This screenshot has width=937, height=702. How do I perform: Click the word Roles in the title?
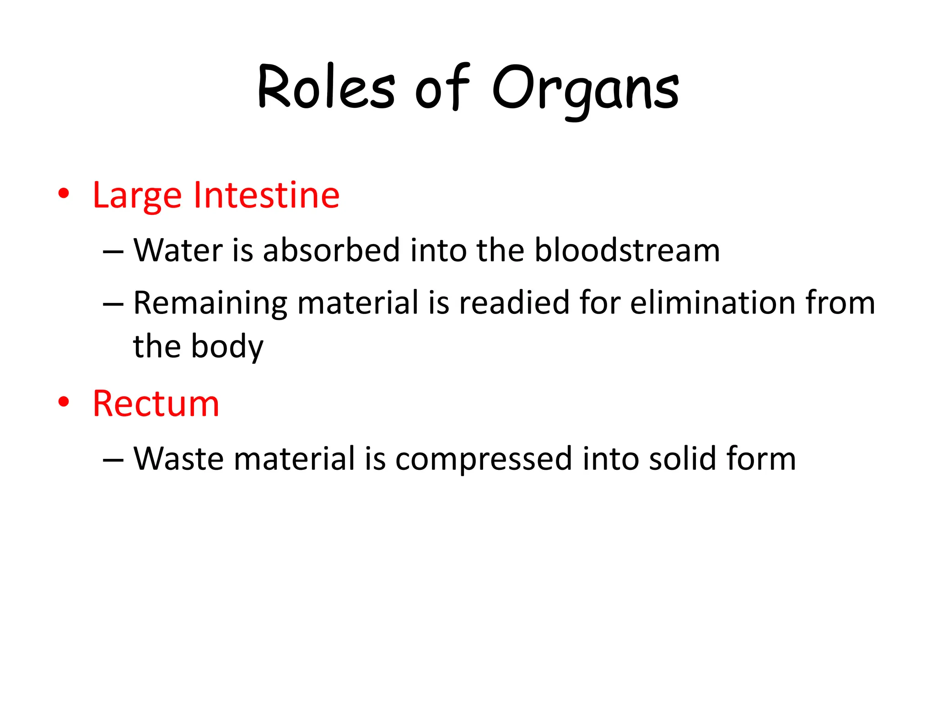[326, 88]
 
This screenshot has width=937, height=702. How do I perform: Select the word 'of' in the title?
[442, 88]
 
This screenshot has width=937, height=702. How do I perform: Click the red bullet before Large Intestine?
[64, 193]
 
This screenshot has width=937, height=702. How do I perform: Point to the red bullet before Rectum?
[64, 402]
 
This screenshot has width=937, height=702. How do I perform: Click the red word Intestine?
[266, 195]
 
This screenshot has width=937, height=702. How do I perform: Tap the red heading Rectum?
[156, 404]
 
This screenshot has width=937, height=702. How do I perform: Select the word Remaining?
[210, 303]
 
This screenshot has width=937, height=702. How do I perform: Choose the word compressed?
[483, 459]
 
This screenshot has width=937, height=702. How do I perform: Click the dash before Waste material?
[113, 459]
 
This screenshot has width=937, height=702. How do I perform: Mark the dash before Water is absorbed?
[113, 251]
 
